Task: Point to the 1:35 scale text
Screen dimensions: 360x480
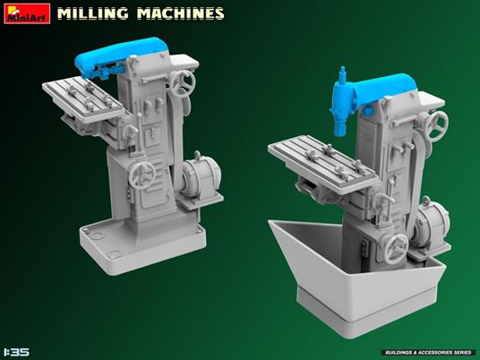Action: [x=17, y=351]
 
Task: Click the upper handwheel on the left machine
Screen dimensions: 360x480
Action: [x=186, y=82]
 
